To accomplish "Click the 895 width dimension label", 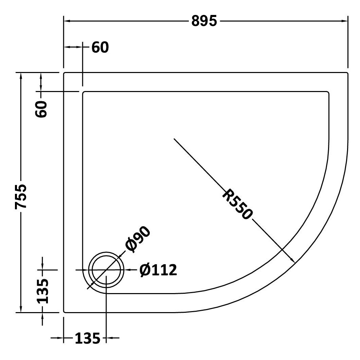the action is click(204, 21).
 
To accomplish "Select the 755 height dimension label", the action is click(21, 197).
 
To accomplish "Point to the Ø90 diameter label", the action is click(138, 239).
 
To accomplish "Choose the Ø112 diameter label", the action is click(158, 270).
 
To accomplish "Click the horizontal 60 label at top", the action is click(100, 47).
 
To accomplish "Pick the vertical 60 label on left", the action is click(41, 109).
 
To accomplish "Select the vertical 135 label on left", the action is click(42, 291).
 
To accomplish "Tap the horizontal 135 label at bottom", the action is click(88, 338).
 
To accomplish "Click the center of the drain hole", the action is click(106, 270).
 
